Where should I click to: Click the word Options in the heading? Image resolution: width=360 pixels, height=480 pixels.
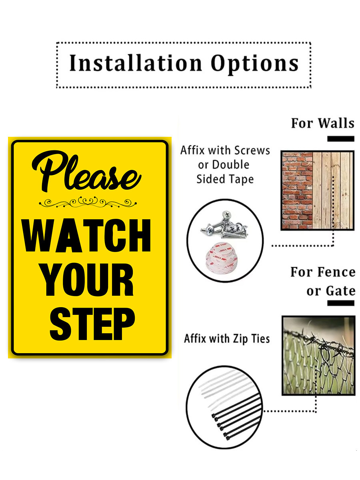pos(254,64)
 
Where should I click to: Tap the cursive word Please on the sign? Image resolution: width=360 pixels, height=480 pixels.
pos(86,171)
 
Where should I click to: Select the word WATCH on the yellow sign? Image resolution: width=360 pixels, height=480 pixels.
pos(86,236)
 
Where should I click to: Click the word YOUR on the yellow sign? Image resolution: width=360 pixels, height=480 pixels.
pos(87,280)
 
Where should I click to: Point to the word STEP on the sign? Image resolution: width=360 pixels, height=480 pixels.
pos(92,324)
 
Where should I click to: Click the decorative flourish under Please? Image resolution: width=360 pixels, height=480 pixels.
pos(88,202)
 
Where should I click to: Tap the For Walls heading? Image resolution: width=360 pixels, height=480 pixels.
pos(322,123)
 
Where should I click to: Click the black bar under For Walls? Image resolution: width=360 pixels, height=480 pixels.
pos(340,139)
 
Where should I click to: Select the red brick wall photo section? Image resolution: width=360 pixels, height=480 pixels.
pos(297,190)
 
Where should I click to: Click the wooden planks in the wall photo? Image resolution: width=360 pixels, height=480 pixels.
pos(333,190)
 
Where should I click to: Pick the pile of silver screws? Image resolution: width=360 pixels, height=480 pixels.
pos(224,225)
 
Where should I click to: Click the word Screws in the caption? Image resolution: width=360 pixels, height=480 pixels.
pos(252,150)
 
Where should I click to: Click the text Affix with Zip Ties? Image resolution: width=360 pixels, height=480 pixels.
pos(227,339)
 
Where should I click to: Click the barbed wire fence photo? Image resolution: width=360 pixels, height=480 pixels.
pos(318,356)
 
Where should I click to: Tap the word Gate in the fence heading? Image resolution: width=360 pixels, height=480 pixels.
pos(340,291)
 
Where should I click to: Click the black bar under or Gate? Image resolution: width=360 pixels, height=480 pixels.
pos(340,303)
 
